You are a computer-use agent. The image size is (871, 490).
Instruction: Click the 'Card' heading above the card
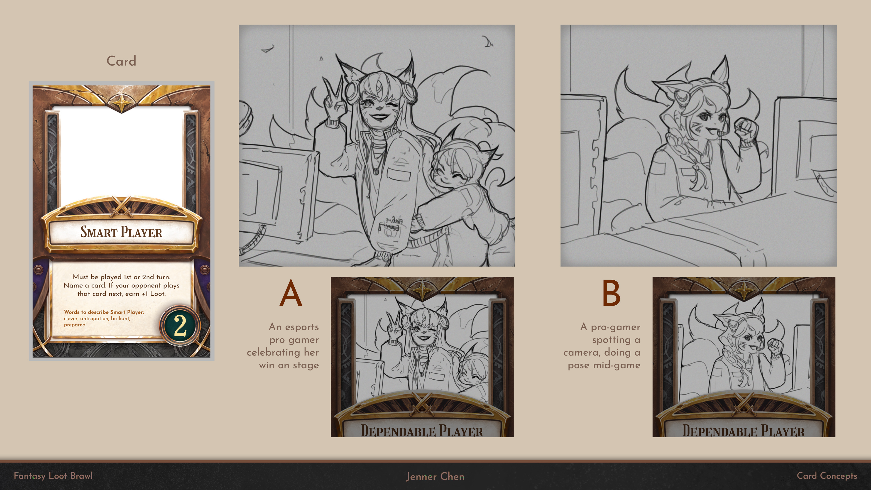click(x=121, y=61)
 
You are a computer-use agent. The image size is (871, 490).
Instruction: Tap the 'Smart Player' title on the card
click(x=121, y=232)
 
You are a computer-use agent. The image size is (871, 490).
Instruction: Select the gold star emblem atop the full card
click(x=121, y=101)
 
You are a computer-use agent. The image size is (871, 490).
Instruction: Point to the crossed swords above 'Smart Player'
click(x=121, y=206)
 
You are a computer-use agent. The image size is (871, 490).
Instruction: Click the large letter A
click(x=290, y=293)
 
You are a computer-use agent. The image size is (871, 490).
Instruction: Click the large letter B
click(x=611, y=293)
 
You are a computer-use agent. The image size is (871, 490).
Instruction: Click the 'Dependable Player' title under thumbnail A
click(x=422, y=431)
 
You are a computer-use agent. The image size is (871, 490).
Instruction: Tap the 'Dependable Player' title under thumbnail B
click(x=743, y=431)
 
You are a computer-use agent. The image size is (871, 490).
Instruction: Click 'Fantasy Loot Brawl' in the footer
click(x=53, y=476)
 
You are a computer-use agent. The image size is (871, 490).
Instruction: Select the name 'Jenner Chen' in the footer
click(x=435, y=476)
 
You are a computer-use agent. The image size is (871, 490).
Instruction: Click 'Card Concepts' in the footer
click(x=827, y=476)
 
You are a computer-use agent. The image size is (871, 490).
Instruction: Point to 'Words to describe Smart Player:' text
click(x=104, y=312)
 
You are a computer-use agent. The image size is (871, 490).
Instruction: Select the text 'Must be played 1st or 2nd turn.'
click(x=121, y=277)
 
